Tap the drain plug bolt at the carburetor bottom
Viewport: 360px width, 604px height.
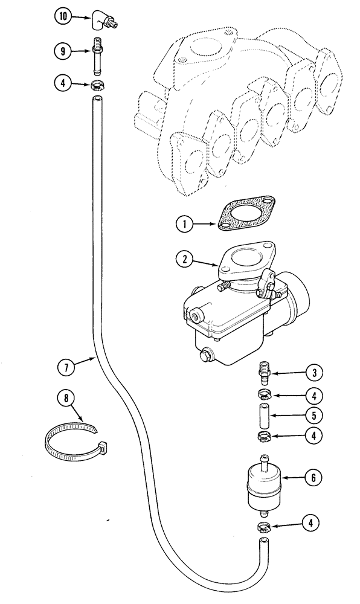pyautogui.click(x=207, y=355)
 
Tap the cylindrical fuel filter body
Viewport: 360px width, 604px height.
pyautogui.click(x=263, y=486)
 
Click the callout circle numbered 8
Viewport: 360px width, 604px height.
pyautogui.click(x=67, y=399)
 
